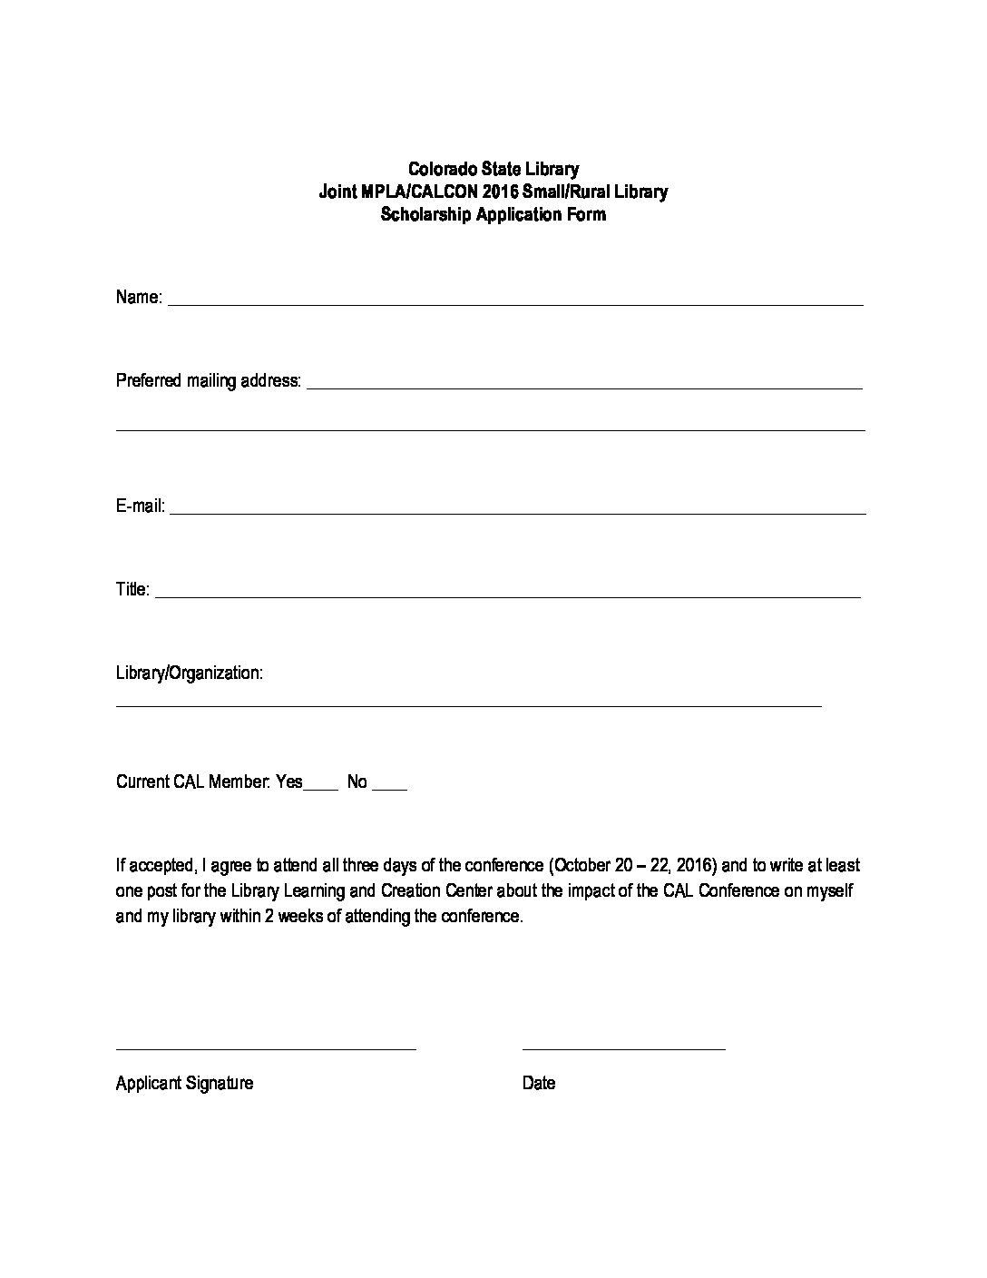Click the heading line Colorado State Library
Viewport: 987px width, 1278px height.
coord(493,169)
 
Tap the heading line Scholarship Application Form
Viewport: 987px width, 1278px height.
coord(493,215)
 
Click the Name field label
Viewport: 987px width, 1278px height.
coord(139,298)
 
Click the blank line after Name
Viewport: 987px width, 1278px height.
coord(515,304)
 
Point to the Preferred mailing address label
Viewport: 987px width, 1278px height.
coord(208,381)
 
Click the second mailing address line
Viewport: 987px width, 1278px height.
coord(490,429)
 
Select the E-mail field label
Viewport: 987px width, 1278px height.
coord(140,506)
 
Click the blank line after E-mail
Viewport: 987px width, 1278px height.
coord(517,513)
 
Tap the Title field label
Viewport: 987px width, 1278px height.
coord(132,590)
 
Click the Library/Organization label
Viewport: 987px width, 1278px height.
coord(190,673)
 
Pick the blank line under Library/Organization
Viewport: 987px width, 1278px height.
coord(468,704)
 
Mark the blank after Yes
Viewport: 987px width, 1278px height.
coord(321,788)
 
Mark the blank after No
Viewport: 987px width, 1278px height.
coord(390,788)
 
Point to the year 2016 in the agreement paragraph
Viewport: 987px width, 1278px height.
coord(694,865)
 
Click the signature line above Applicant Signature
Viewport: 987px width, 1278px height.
coord(266,1048)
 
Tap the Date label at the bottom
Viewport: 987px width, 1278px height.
coord(539,1083)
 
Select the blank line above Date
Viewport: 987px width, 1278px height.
coord(624,1048)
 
